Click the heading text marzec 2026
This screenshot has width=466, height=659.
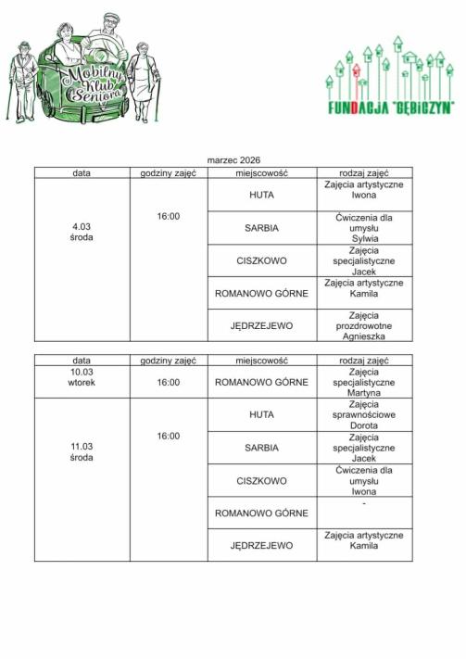pyautogui.click(x=233, y=160)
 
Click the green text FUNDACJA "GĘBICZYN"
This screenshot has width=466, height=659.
pyautogui.click(x=390, y=108)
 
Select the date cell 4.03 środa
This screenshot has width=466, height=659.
pyautogui.click(x=82, y=232)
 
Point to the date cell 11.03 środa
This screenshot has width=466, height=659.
pyautogui.click(x=82, y=451)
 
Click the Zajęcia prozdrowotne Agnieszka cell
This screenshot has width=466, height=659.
pyautogui.click(x=364, y=325)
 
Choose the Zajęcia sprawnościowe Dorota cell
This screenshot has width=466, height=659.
pyautogui.click(x=364, y=414)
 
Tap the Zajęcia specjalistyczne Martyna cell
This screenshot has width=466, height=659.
pyautogui.click(x=364, y=382)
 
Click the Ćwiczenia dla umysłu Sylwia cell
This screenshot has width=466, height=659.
pyautogui.click(x=364, y=227)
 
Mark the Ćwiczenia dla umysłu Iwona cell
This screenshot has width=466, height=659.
pyautogui.click(x=364, y=481)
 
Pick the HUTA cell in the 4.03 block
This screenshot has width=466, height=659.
pyautogui.click(x=262, y=195)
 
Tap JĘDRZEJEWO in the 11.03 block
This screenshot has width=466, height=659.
pyautogui.click(x=262, y=545)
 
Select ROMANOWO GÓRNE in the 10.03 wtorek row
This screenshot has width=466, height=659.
pyautogui.click(x=262, y=382)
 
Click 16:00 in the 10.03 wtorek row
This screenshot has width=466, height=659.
pyautogui.click(x=168, y=382)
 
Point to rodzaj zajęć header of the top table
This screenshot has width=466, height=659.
pyautogui.click(x=364, y=172)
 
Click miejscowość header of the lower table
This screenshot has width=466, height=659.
pyautogui.click(x=262, y=360)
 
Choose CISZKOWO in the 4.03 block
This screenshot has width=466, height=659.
pyautogui.click(x=262, y=260)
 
